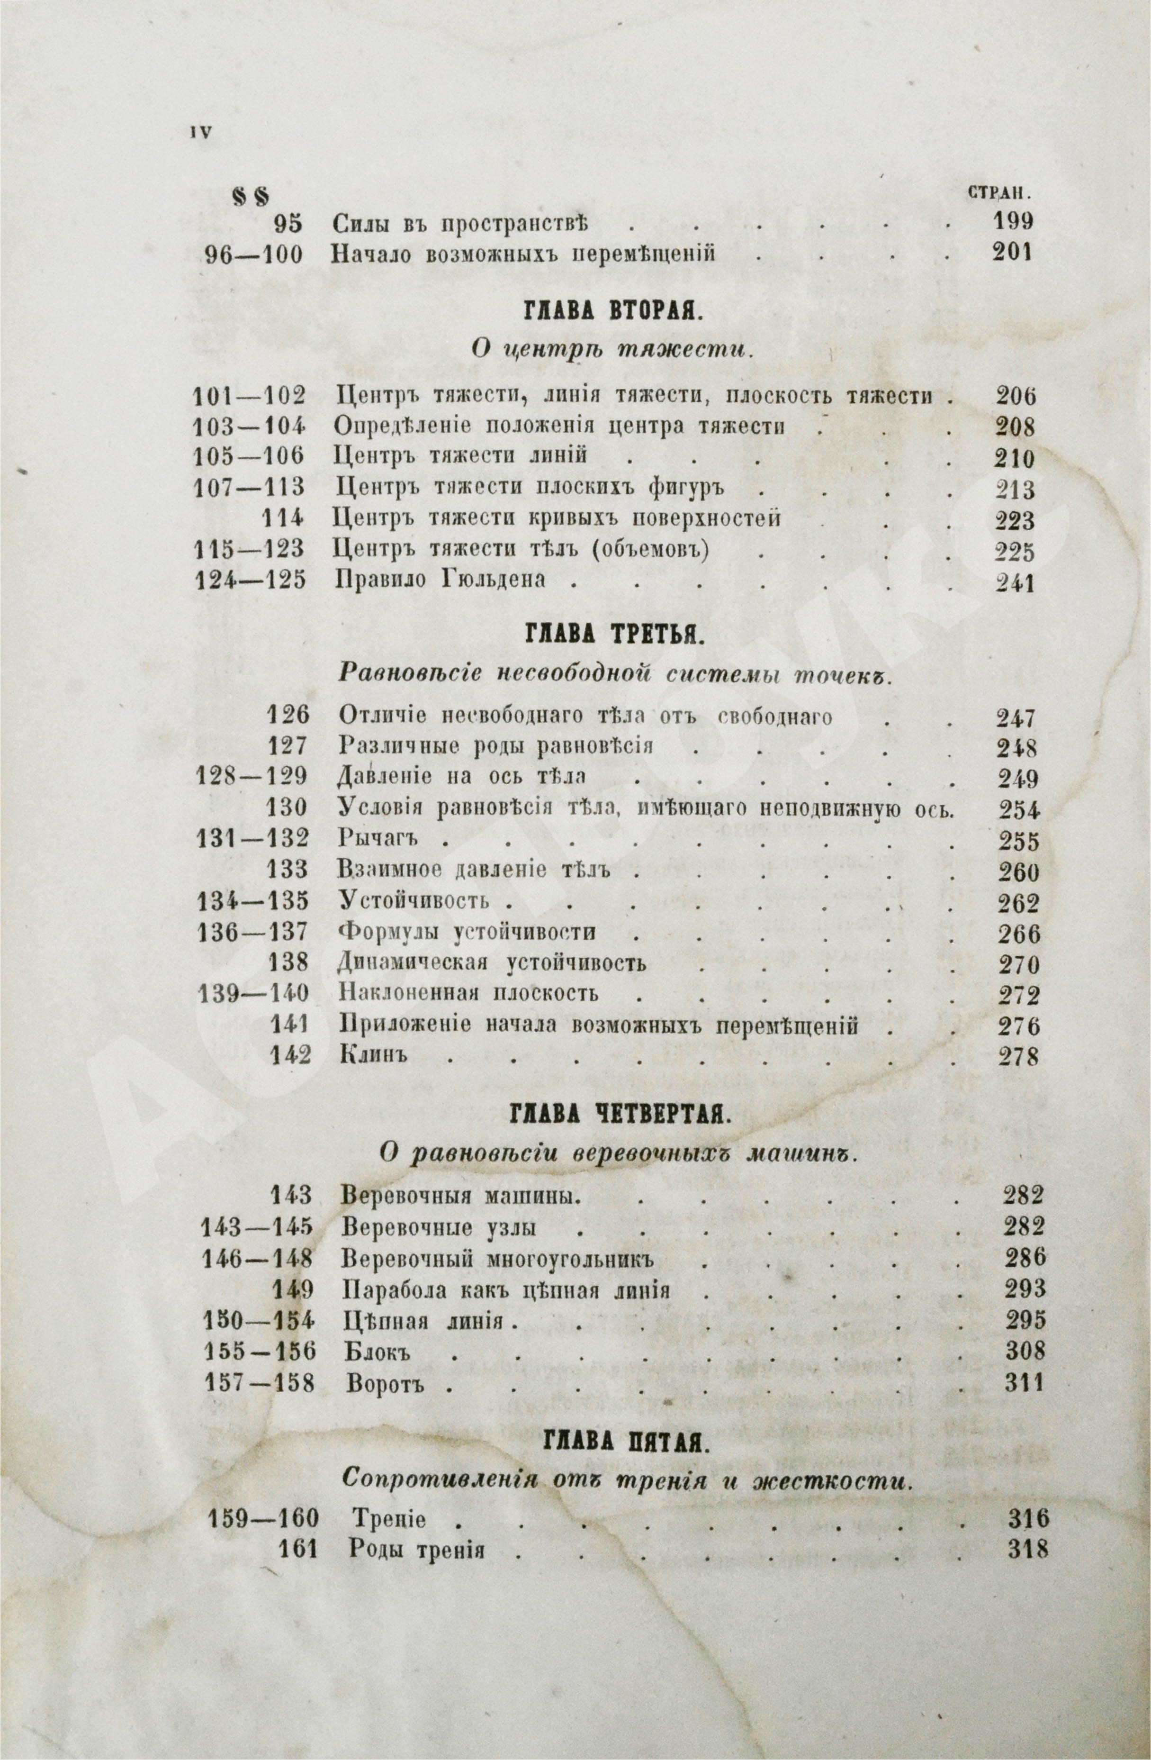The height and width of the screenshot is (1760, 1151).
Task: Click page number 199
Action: pos(1010,222)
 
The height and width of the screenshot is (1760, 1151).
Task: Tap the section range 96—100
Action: pos(253,255)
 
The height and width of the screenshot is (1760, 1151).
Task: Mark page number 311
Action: pos(1024,1383)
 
